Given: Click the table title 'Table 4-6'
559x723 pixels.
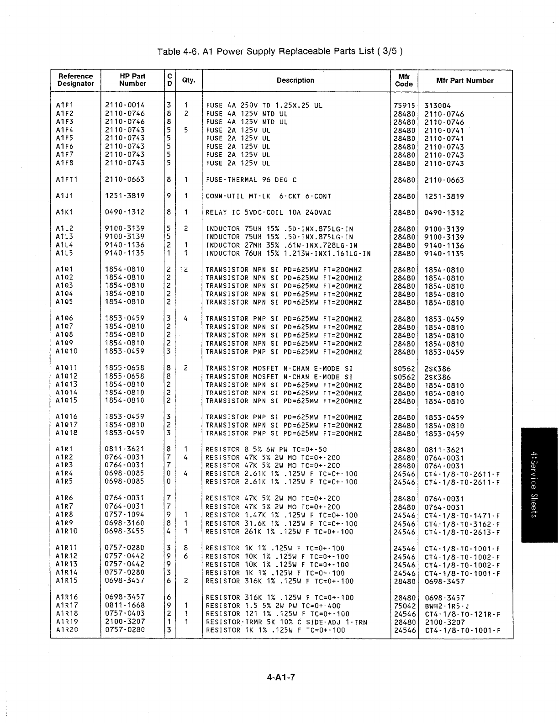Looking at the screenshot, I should pos(279,51).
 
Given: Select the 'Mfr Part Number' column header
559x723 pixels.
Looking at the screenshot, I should pos(464,80).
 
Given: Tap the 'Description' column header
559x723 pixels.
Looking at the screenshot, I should pos(295,80).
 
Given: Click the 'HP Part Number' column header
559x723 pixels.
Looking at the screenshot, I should pos(132,80).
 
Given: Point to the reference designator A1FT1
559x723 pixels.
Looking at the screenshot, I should pos(67,179).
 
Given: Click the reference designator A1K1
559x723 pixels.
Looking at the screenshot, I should pos(65,212).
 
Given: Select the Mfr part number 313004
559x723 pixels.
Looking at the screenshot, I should pos(437,106).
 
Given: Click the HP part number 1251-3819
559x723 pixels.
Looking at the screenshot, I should pos(125,196).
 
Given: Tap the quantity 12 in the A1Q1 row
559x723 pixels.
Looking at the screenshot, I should pos(184,269).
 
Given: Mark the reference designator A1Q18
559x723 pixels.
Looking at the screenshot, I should pos(67,433).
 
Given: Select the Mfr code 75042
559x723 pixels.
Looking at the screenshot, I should pos(404,606).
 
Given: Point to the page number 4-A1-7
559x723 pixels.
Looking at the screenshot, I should pos(281,677).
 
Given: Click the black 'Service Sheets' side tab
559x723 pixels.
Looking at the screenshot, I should pos(539,485).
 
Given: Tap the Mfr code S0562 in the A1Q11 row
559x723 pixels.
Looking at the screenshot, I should pos(404,369).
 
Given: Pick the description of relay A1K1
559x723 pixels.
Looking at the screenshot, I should pos(269,212).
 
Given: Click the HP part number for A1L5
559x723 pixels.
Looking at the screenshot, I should pos(125,253).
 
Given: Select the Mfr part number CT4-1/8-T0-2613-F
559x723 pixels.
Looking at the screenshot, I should pos(462,532).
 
